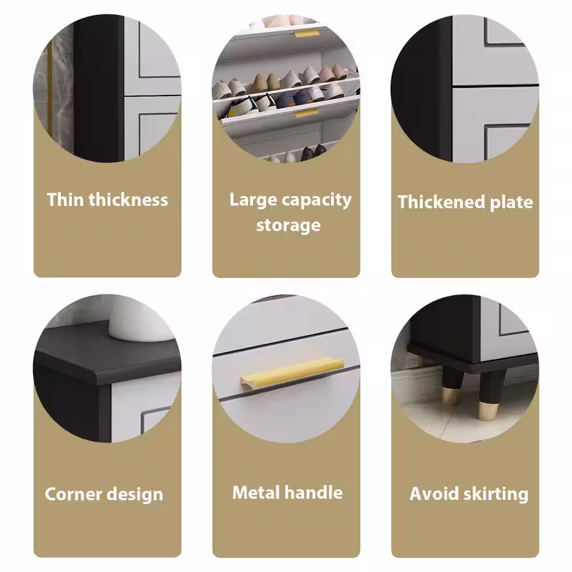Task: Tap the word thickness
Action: pos(128,200)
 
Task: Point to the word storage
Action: pos(288,225)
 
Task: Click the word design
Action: pos(134,495)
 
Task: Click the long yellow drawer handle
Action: pos(292,371)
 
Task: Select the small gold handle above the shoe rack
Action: pos(307,34)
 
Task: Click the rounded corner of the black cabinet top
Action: pos(98,375)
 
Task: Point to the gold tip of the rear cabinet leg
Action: pos(450,396)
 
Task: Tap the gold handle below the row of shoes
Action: pos(307,113)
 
